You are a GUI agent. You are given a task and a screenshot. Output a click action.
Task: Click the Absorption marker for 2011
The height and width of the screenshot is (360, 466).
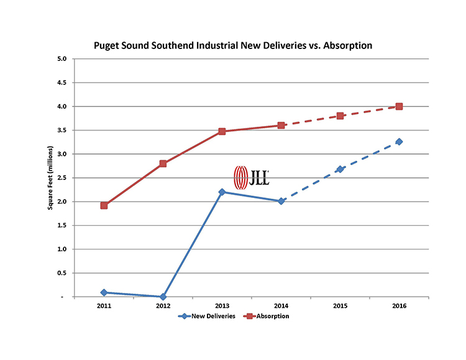104,205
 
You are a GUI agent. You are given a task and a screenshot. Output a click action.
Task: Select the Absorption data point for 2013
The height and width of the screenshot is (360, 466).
222,132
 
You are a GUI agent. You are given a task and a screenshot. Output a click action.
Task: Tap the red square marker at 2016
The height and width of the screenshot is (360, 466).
399,106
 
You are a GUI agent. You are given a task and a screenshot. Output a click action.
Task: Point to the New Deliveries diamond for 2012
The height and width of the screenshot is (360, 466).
163,297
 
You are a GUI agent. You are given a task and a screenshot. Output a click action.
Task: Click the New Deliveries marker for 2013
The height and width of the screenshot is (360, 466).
222,192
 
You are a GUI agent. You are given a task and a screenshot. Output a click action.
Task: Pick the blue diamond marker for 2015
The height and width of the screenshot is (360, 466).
340,169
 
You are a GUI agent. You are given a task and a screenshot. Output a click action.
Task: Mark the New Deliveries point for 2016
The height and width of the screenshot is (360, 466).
399,142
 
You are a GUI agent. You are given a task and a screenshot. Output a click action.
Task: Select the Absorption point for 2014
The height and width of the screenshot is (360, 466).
281,125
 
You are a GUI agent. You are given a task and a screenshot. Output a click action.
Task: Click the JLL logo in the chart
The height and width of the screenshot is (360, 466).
251,177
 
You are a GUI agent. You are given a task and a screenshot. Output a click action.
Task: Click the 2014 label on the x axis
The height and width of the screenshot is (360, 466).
281,306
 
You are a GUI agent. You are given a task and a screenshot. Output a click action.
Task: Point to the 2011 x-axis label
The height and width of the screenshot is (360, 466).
104,306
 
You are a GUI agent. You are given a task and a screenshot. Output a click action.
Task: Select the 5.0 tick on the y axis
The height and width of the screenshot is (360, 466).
62,59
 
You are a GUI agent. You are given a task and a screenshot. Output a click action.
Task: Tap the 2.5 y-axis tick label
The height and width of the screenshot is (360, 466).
62,178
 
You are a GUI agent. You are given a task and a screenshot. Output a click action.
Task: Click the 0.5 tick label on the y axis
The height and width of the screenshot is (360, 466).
62,273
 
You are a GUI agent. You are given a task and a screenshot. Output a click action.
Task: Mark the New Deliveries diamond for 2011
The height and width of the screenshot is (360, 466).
104,292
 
